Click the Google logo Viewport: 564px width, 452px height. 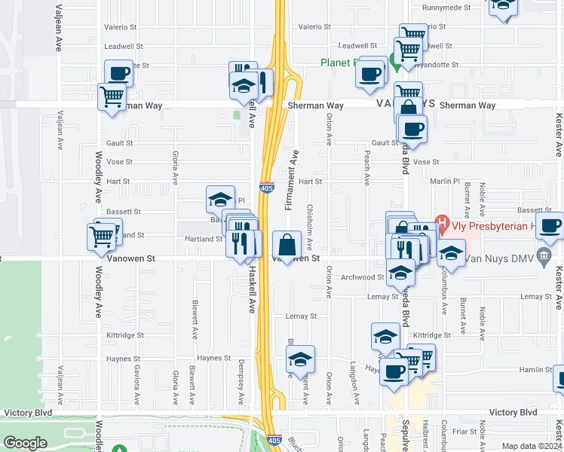[x=25, y=443]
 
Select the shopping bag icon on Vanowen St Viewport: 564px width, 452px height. [x=288, y=244]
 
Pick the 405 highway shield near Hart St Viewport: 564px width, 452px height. [x=265, y=187]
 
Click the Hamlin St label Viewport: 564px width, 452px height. [x=537, y=370]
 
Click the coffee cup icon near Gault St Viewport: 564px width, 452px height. [x=412, y=130]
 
